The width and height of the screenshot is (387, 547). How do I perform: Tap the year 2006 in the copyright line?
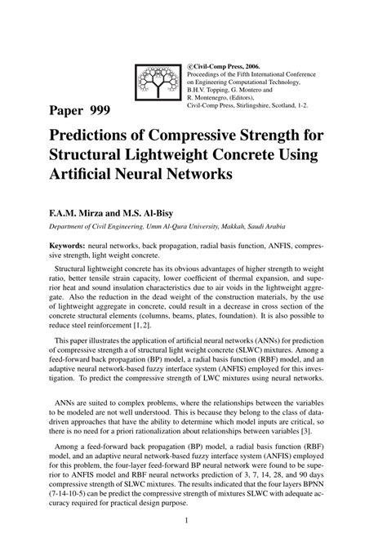point(251,66)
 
